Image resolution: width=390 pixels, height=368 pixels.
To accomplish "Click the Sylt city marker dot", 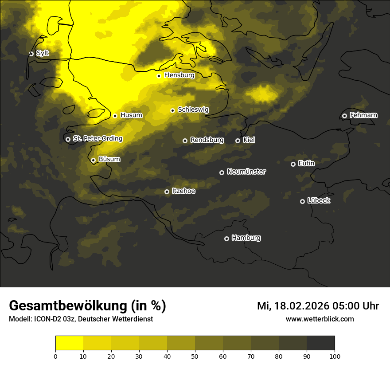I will [31, 54].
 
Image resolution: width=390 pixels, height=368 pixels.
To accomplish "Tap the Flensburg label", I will [179, 75].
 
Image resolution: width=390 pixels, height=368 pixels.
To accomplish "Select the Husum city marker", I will [115, 116].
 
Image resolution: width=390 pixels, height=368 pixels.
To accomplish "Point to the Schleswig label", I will [193, 110].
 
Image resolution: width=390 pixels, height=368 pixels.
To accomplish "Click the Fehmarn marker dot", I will [344, 116].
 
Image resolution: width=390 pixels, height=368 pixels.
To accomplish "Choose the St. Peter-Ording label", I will [97, 139].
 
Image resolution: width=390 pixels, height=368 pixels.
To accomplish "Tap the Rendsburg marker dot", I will [185, 141].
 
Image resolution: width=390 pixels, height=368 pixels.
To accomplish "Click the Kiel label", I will [249, 140].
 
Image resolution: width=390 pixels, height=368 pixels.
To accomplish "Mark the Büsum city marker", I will [93, 160].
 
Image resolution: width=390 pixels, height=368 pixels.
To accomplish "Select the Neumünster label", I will [246, 172].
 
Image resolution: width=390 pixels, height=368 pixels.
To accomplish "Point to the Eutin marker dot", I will [293, 164].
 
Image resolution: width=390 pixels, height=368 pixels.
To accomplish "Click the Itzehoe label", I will [183, 191].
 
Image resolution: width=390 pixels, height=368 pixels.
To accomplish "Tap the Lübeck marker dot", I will [302, 201].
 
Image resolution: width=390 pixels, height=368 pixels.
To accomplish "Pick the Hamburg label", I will [246, 238].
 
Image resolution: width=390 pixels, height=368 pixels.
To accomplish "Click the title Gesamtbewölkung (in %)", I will [87, 306].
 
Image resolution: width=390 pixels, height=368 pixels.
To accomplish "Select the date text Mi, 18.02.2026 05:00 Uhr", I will [318, 306].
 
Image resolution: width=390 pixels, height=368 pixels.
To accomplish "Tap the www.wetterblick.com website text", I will [320, 319].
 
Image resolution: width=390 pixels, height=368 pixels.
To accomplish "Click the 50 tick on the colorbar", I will [195, 356].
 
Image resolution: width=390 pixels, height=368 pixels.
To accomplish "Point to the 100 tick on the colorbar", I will [335, 356].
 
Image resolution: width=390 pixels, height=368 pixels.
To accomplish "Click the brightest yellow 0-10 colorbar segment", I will [69, 343].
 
